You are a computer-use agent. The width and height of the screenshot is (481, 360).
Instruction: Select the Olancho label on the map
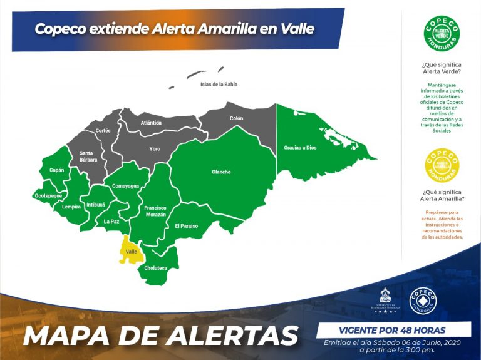221,172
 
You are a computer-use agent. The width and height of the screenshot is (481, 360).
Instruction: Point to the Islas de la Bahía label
219,84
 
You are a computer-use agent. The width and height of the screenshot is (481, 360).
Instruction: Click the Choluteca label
155,268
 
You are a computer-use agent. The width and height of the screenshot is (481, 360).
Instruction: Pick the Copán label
56,170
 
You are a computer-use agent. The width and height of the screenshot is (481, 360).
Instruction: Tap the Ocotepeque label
48,196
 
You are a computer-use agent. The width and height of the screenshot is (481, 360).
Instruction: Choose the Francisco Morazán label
155,211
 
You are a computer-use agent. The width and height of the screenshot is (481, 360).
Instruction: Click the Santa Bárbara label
88,157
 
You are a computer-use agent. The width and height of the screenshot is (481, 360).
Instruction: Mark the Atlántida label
152,123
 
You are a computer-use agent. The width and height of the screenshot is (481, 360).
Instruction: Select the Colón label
236,118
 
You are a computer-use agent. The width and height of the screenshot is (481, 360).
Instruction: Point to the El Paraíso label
186,225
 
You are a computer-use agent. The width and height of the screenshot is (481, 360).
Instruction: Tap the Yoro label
155,149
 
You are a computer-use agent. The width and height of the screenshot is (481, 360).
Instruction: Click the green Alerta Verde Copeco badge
442,34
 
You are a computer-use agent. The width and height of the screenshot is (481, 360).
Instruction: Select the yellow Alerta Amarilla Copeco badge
442,165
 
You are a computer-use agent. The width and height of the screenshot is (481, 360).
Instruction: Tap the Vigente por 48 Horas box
393,329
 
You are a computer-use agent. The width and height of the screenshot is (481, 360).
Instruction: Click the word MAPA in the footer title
71,336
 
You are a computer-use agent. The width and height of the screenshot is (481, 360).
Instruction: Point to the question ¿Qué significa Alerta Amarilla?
442,195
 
